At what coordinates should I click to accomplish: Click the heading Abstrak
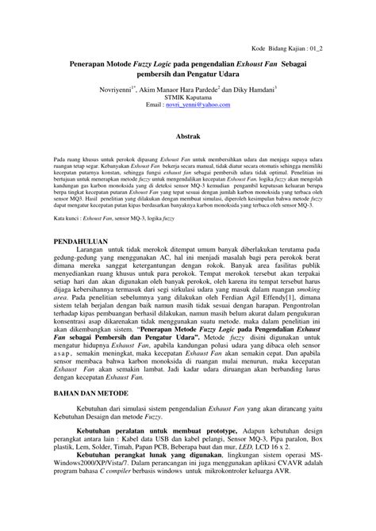coord(187,137)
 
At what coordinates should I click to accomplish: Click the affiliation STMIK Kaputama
coord(187,97)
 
